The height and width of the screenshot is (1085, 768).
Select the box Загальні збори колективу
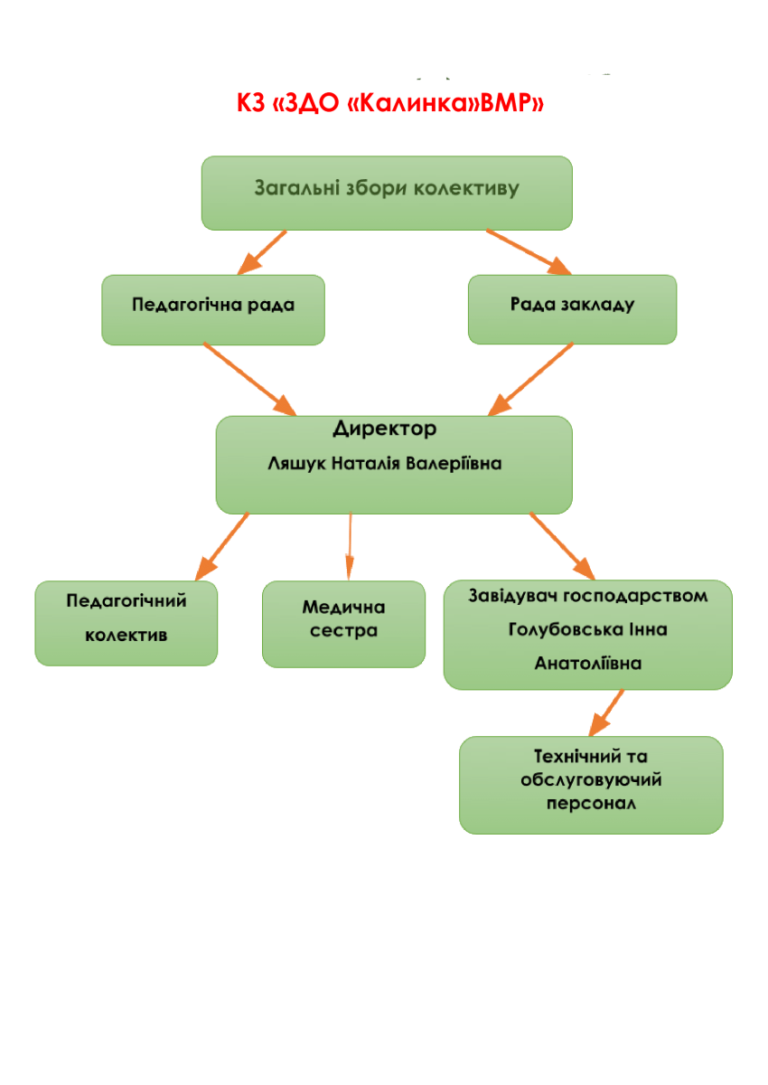(386, 191)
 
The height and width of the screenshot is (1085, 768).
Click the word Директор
(384, 428)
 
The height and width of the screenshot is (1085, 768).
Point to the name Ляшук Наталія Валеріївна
(385, 464)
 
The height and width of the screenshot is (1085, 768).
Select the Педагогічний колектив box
(126, 622)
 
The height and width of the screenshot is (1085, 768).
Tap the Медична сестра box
(343, 622)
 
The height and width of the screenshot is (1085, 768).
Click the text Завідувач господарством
(587, 596)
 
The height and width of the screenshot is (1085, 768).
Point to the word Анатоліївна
(588, 664)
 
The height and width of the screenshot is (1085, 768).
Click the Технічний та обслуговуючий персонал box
(591, 783)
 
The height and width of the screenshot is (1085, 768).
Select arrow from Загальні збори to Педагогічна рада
(261, 252)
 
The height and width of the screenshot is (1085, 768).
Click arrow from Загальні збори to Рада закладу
(529, 250)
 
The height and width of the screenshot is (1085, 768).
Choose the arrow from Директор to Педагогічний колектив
(222, 546)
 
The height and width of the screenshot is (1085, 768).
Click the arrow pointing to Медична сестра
(350, 548)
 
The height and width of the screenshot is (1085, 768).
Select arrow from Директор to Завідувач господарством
(561, 546)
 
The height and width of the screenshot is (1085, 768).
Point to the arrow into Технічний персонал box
(606, 712)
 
